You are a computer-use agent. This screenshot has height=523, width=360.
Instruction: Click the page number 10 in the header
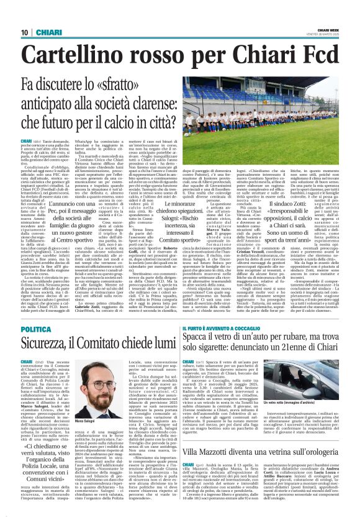24,32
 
